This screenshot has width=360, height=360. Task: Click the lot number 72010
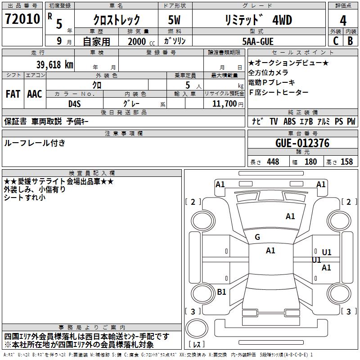point(22,18)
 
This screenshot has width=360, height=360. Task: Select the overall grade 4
point(343,20)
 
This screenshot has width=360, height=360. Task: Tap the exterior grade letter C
point(336,41)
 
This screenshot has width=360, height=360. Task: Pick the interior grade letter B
point(351,41)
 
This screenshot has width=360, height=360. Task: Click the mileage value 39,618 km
point(55,65)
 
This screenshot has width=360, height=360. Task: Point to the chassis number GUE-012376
point(302,143)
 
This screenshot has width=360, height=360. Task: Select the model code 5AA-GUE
point(258,41)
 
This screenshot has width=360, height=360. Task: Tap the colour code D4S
point(75,104)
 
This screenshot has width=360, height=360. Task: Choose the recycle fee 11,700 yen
point(228,104)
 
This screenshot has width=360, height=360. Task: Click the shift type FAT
point(13,94)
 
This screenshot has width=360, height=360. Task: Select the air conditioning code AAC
point(35,94)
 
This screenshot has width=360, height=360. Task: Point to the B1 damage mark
point(221,292)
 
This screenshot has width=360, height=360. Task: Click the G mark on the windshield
point(257,237)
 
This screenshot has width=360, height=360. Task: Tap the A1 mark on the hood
point(290,216)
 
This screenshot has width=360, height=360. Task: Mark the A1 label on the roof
point(270,251)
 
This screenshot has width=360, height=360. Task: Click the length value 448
point(273,162)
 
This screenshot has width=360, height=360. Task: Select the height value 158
point(346,162)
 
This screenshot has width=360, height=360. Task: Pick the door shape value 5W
point(174,20)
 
